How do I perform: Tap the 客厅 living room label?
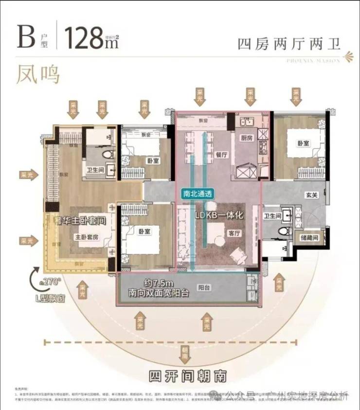pyautogui.click(x=235, y=233)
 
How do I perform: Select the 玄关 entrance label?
pyautogui.click(x=312, y=196)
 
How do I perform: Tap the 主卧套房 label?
pyautogui.click(x=87, y=237)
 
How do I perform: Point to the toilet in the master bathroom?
pyautogui.click(x=108, y=155)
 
